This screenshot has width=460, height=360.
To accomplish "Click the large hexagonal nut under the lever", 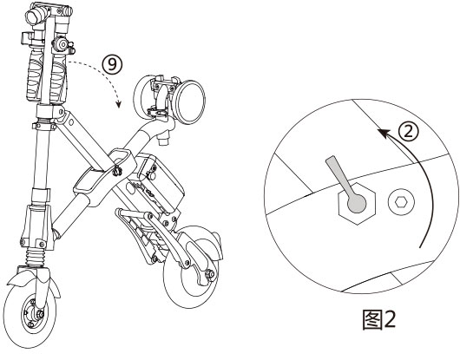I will [x=354, y=205].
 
